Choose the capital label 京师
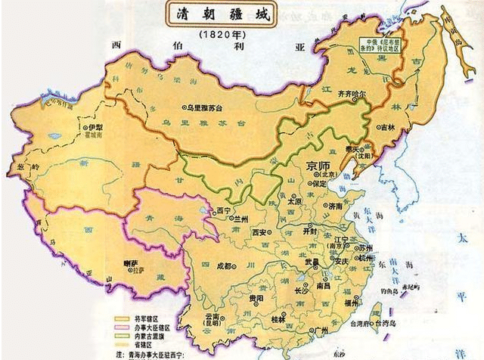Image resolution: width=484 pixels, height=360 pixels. click(x=318, y=166)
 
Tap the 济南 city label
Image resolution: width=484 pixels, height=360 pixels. click(x=335, y=205)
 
